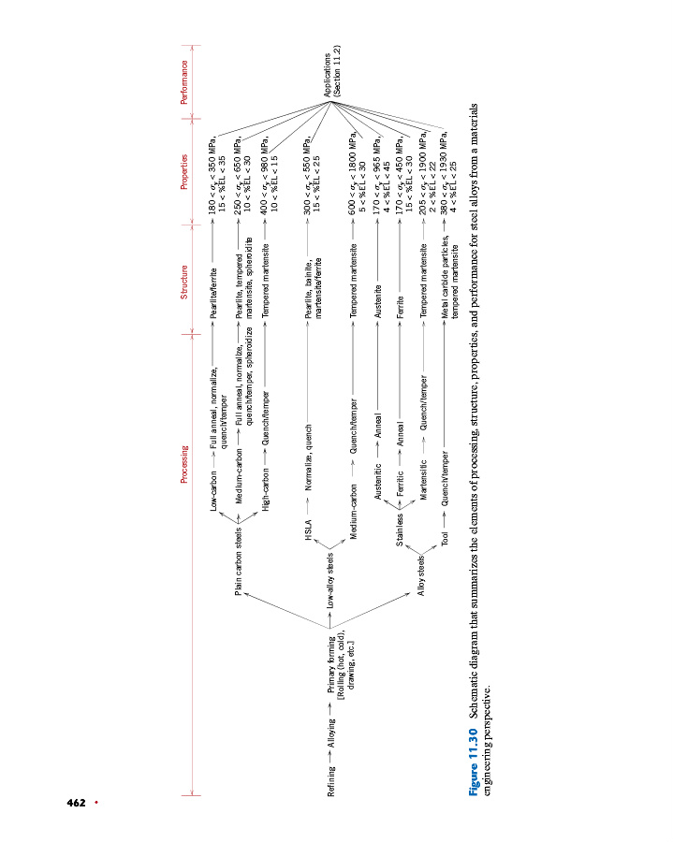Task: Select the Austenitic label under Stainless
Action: click(376, 496)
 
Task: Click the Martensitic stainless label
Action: click(423, 486)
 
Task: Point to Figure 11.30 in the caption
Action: click(475, 762)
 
